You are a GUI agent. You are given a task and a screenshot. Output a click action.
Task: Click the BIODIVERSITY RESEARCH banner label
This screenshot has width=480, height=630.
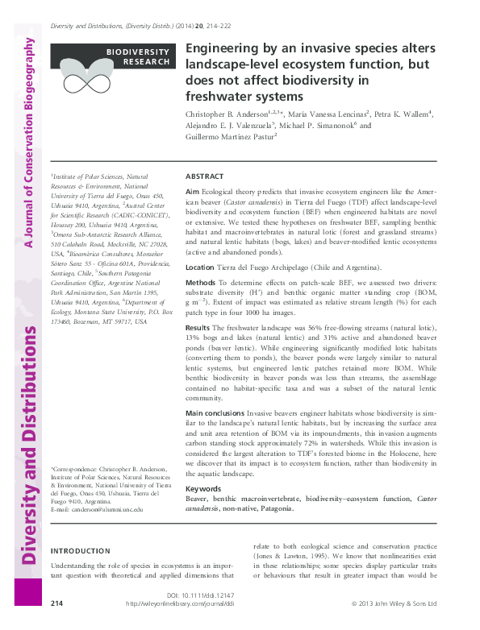tap(138, 56)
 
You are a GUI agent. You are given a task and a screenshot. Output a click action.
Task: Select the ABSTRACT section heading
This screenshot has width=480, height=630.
tap(205, 176)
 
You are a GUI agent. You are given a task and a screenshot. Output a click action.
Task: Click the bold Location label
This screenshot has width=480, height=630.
tap(200, 267)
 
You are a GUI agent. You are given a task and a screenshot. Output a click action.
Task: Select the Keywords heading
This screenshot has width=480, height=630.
tap(203, 489)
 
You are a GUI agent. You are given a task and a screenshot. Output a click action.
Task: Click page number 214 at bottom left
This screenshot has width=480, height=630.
tap(57, 603)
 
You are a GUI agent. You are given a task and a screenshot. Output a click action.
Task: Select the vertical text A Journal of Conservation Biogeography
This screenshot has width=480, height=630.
tap(30, 145)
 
